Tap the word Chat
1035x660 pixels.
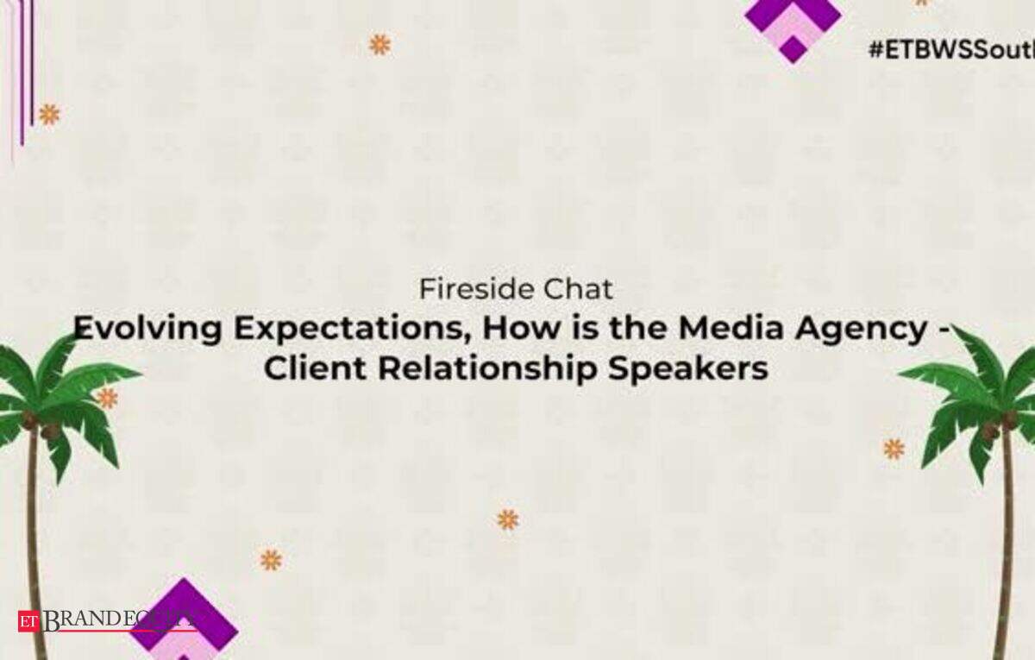click(578, 289)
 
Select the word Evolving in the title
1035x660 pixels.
click(147, 329)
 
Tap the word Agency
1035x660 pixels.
click(862, 330)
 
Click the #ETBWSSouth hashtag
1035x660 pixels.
click(952, 49)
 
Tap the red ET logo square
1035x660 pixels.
click(28, 621)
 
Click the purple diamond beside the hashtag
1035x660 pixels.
click(793, 28)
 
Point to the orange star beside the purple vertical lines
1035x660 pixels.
click(49, 115)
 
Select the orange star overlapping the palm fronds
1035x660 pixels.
click(107, 398)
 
